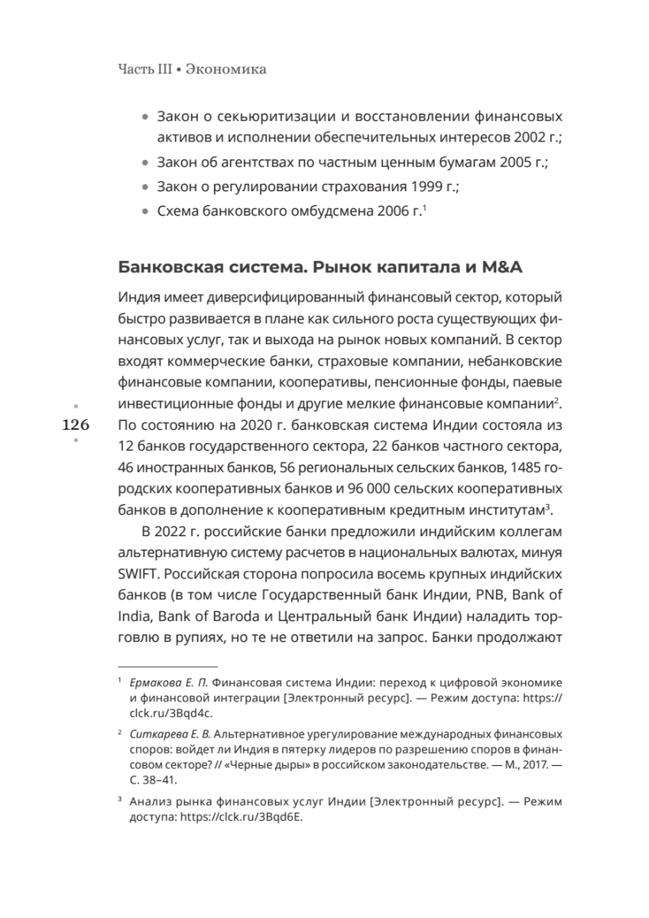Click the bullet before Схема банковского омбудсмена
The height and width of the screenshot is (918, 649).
click(x=147, y=212)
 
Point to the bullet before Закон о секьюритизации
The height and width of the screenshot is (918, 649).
click(x=147, y=119)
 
